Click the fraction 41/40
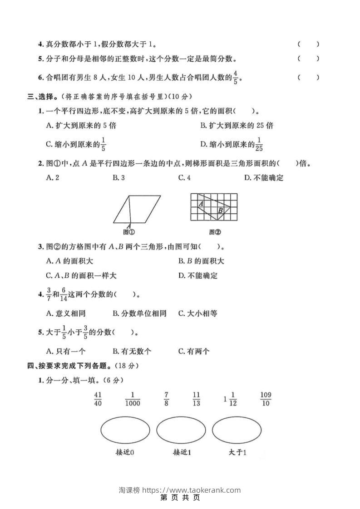pyautogui.click(x=98, y=399)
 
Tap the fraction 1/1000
pyautogui.click(x=133, y=399)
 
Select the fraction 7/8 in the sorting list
pyautogui.click(x=167, y=399)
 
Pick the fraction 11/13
pyautogui.click(x=196, y=399)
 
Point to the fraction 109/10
pyautogui.click(x=266, y=399)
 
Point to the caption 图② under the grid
pyautogui.click(x=215, y=233)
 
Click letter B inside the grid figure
pyautogui.click(x=220, y=210)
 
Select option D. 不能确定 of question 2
pyautogui.click(x=264, y=178)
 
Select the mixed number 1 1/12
pyautogui.click(x=230, y=399)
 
